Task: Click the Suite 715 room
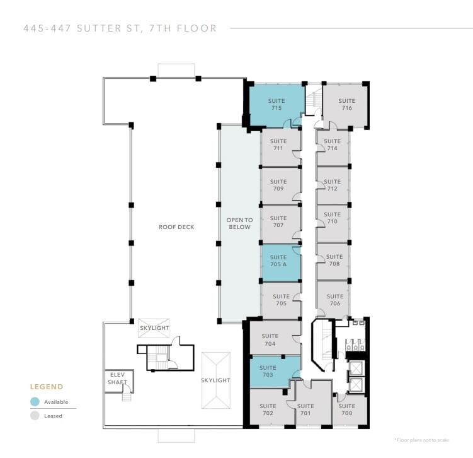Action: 276,105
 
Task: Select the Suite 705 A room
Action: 278,261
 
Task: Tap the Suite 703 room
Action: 268,371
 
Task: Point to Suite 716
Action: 346,104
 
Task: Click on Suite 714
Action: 333,145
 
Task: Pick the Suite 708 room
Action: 334,260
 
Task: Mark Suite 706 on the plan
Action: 334,300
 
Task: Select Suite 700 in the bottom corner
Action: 346,409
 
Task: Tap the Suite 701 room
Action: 305,409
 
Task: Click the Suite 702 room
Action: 268,409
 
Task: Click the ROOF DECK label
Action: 176,227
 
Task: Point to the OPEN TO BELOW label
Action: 239,223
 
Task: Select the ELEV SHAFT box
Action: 118,379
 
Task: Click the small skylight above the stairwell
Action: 154,328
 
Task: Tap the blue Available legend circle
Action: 35,402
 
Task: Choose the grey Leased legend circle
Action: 35,416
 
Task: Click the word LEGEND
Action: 47,387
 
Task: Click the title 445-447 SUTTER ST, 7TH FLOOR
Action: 120,28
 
